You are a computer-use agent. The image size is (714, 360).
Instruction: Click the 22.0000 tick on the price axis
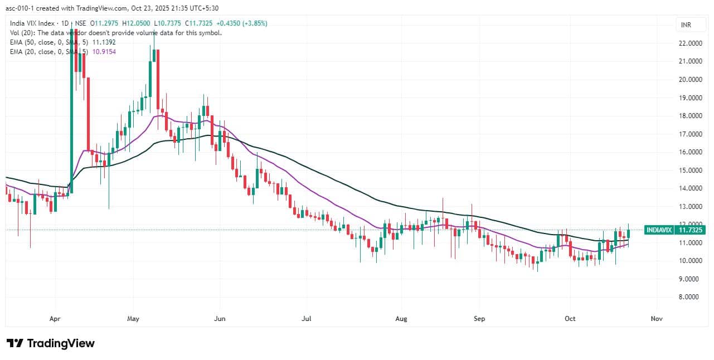click(x=689, y=43)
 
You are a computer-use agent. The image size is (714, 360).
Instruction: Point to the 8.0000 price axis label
click(x=689, y=297)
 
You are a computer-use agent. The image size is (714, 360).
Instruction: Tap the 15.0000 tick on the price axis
click(x=689, y=171)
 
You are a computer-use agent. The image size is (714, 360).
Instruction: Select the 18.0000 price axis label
click(x=689, y=116)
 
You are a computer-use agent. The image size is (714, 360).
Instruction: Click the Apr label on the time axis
click(x=55, y=319)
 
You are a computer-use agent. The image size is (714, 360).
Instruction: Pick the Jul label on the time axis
click(x=307, y=319)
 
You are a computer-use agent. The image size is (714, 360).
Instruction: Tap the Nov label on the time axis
click(x=656, y=319)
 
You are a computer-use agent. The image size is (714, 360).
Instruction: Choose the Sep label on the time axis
click(x=480, y=319)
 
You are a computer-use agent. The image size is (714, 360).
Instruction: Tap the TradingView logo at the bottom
click(x=51, y=343)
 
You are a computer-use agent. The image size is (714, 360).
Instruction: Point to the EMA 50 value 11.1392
click(x=103, y=42)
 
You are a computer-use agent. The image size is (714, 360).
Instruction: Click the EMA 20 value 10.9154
click(x=103, y=51)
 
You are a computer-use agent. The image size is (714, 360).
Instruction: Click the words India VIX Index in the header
click(x=34, y=23)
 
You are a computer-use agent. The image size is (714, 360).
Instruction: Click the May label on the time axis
click(x=133, y=319)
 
